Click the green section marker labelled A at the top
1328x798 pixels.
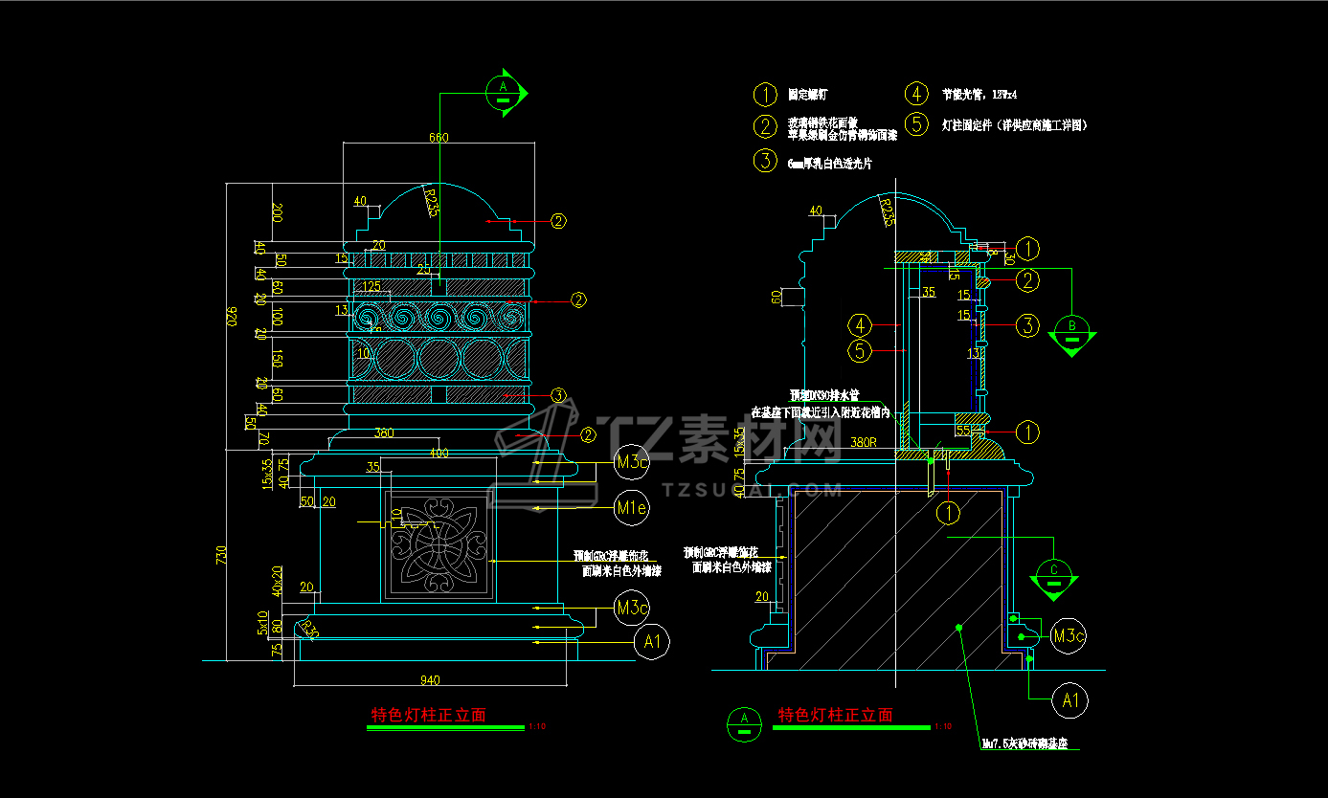point(505,92)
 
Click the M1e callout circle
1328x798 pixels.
point(631,508)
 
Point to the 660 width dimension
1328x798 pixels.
point(438,138)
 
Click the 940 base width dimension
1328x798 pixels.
point(429,680)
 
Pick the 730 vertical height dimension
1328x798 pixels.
point(222,555)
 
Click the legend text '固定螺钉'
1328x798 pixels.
point(807,95)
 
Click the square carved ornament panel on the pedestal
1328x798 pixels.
point(439,545)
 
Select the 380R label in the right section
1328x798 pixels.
point(864,443)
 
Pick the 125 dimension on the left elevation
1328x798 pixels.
point(371,285)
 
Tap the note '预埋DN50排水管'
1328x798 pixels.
point(824,395)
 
